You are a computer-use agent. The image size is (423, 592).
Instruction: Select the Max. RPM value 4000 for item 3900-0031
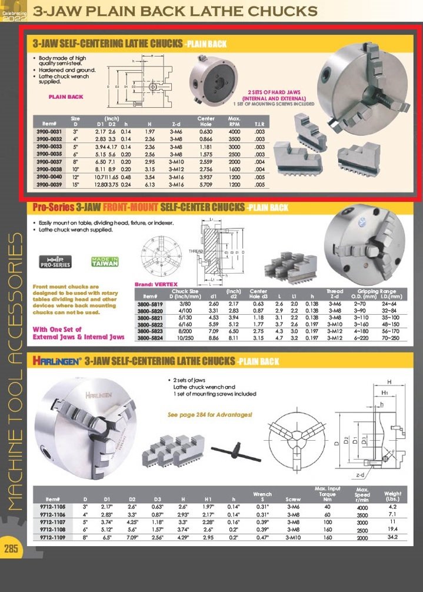pyautogui.click(x=235, y=131)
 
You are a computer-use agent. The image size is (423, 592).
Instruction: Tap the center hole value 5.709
pyautogui.click(x=206, y=184)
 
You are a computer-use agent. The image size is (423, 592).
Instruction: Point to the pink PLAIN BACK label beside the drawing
pyautogui.click(x=66, y=97)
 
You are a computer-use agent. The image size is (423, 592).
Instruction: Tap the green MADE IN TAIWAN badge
pyautogui.click(x=105, y=262)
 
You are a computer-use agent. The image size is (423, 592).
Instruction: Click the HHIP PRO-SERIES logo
pyautogui.click(x=54, y=262)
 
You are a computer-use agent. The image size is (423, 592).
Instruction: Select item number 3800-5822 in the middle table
pyautogui.click(x=150, y=324)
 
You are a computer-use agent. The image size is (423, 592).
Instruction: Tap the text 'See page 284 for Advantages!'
pyautogui.click(x=210, y=414)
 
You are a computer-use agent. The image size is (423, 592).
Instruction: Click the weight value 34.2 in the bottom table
pyautogui.click(x=392, y=537)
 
